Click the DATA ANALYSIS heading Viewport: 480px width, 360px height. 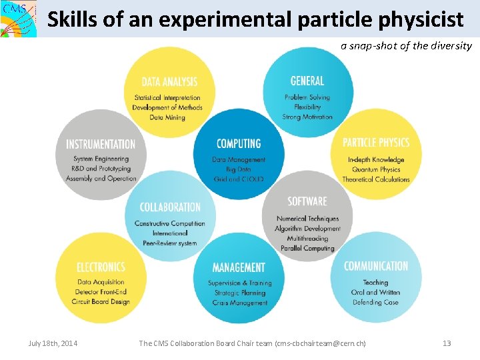tap(169, 82)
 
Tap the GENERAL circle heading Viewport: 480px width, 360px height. tap(307, 81)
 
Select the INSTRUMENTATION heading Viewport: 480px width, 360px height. tap(101, 144)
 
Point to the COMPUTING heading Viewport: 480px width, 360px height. tap(239, 143)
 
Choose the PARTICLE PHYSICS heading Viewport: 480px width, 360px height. tap(376, 143)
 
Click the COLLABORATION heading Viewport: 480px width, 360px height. tap(170, 207)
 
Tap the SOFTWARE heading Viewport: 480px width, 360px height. tap(307, 201)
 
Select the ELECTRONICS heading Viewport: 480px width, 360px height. tap(101, 267)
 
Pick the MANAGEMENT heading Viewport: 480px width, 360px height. tap(239, 267)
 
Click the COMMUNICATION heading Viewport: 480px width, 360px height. tap(376, 266)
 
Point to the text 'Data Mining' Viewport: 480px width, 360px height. tap(167, 118)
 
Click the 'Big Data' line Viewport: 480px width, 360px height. tap(239, 169)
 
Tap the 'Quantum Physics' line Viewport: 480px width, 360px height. tap(376, 169)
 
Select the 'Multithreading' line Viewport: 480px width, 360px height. tap(307, 238)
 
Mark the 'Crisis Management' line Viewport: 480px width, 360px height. tap(240, 303)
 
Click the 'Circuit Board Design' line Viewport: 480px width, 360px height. tap(101, 302)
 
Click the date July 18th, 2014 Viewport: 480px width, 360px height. tap(53, 343)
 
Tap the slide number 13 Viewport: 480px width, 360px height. tap(447, 343)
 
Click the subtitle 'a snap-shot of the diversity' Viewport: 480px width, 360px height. tap(406, 46)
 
